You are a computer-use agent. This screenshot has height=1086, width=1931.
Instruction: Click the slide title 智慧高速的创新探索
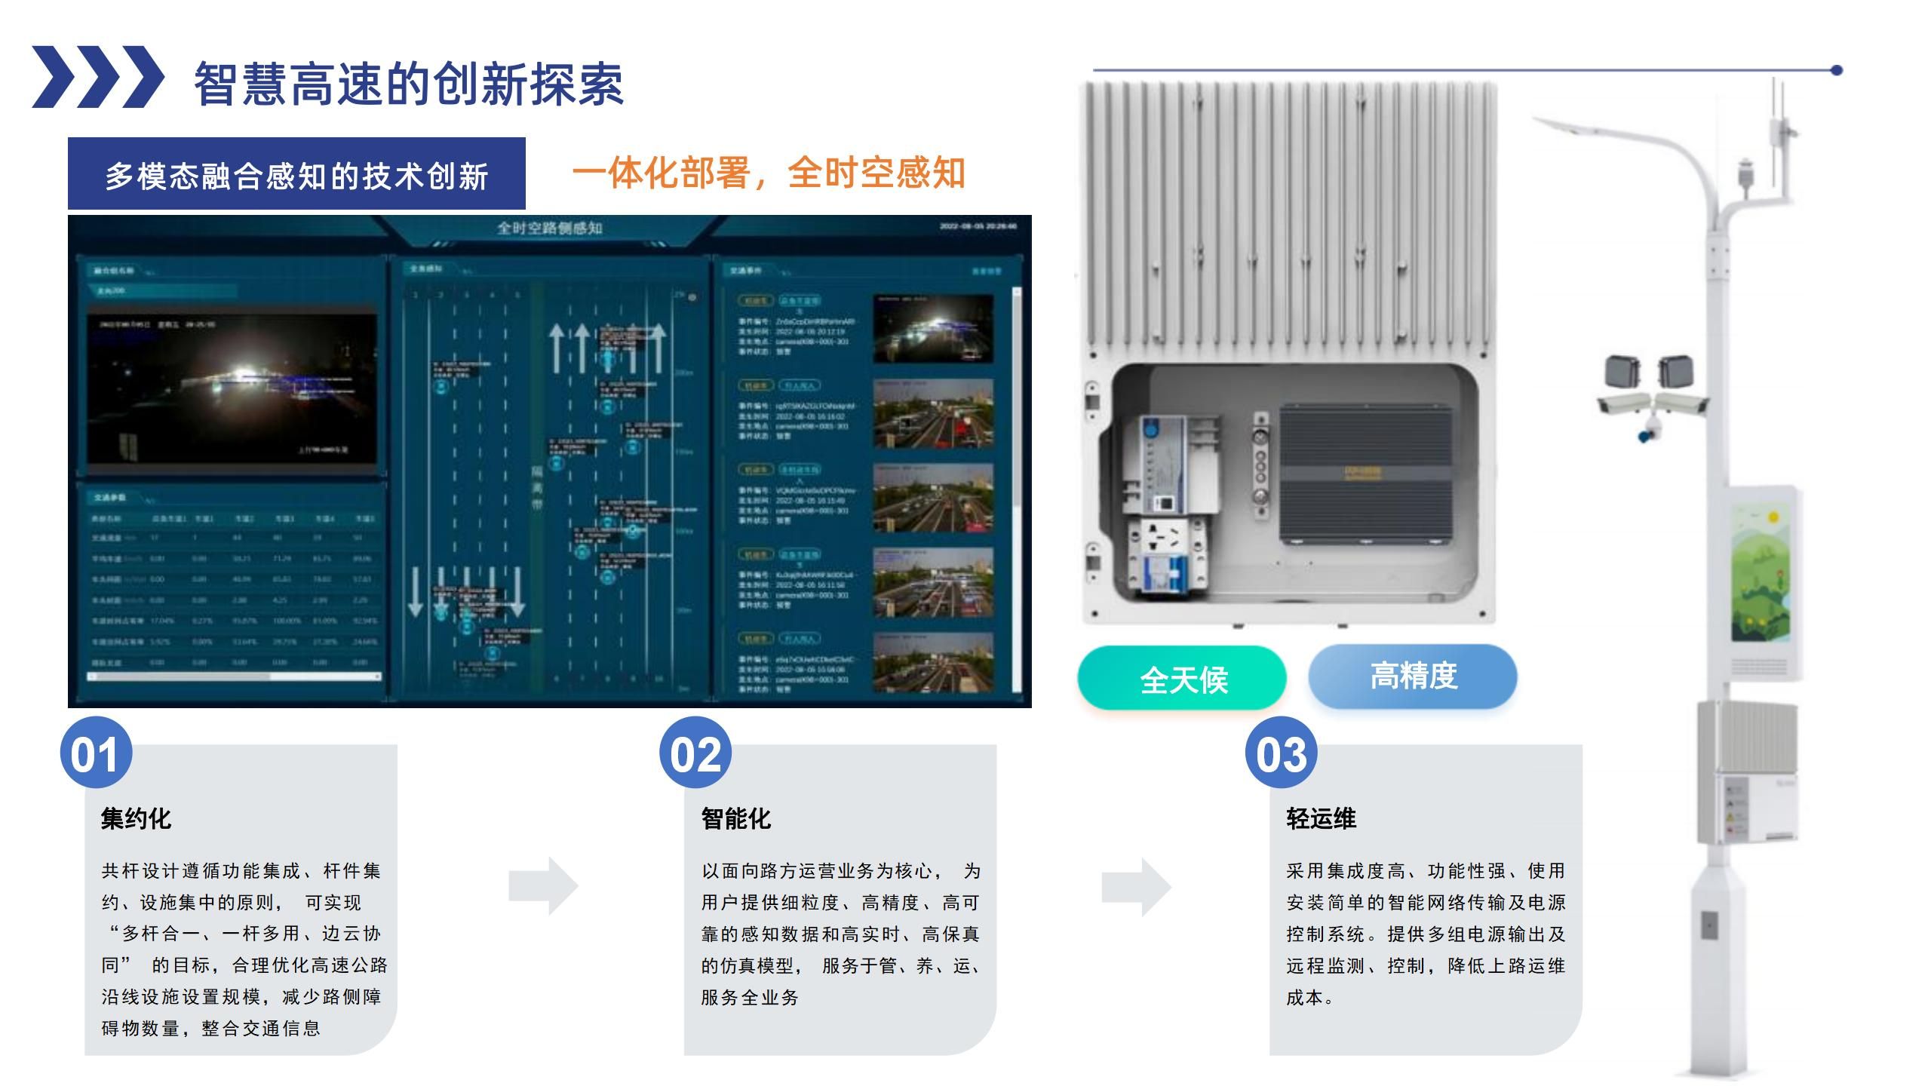pyautogui.click(x=408, y=83)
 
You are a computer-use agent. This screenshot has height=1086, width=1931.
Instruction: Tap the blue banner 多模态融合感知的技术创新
pyautogui.click(x=296, y=174)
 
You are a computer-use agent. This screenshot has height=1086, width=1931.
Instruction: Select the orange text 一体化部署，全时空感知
pyautogui.click(x=768, y=173)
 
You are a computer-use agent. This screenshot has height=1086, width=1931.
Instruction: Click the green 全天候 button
pyautogui.click(x=1182, y=679)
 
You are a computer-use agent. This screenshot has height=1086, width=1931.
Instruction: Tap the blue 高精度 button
pyautogui.click(x=1413, y=676)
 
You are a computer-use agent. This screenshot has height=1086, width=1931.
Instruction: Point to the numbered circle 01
pyautogui.click(x=96, y=753)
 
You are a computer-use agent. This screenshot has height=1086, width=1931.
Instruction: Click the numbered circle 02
pyautogui.click(x=695, y=753)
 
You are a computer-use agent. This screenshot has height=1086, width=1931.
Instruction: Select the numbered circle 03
pyautogui.click(x=1281, y=753)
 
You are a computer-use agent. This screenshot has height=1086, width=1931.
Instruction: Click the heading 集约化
pyautogui.click(x=136, y=818)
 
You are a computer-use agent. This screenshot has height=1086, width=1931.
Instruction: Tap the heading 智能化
pyautogui.click(x=735, y=818)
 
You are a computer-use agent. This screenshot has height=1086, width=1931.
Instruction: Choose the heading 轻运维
pyautogui.click(x=1321, y=818)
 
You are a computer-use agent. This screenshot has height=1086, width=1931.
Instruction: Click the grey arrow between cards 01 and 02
pyautogui.click(x=543, y=886)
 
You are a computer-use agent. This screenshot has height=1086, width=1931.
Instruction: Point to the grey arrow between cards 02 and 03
pyautogui.click(x=1136, y=886)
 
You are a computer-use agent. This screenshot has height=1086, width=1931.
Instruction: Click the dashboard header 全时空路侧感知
pyautogui.click(x=549, y=228)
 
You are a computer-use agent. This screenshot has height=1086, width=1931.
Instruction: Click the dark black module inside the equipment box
pyautogui.click(x=1366, y=475)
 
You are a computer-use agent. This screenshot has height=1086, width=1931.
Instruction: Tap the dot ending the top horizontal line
pyautogui.click(x=1837, y=70)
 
